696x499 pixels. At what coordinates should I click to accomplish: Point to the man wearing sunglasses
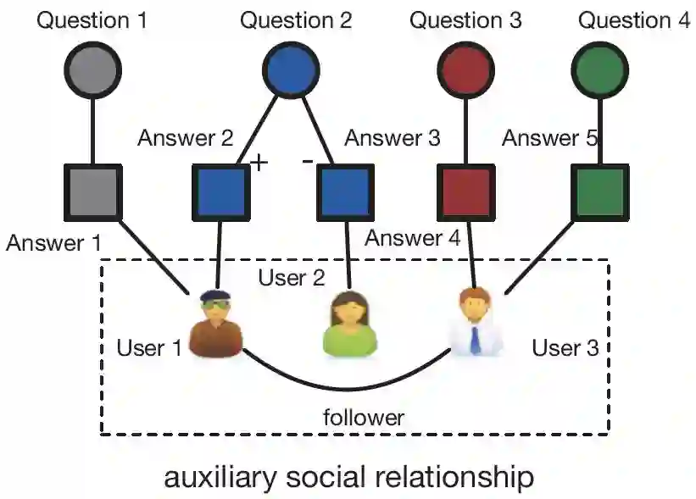coord(217,323)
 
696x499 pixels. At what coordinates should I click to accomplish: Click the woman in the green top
coord(350,324)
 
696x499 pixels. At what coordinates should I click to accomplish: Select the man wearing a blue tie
coord(476,323)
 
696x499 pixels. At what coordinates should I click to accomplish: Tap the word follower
coord(364,417)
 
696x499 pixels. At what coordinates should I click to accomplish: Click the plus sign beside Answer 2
coord(258,161)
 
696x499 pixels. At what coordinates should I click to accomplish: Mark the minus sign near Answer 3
coord(308,159)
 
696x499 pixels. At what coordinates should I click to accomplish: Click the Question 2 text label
coord(296,20)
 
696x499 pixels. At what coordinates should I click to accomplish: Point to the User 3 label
coord(565,348)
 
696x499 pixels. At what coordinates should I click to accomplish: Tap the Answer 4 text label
coord(412,238)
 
